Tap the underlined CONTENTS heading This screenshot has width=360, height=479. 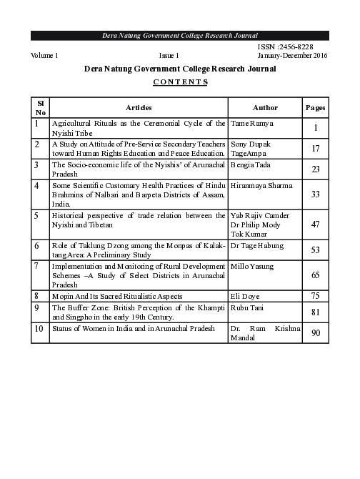coord(180,82)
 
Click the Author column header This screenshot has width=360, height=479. coord(265,107)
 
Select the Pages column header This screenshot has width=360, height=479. coord(316,107)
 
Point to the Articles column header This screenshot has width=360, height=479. coord(139,107)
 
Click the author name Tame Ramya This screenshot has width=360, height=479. coord(249,124)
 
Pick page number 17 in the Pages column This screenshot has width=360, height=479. coord(315,149)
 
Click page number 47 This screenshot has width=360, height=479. coord(315,224)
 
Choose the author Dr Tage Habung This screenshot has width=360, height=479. coord(258,245)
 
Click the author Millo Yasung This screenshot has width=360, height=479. coord(253,265)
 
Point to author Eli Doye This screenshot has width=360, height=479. coord(244,295)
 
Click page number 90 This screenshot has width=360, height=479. coord(315,332)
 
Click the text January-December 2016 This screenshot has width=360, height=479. coord(298,56)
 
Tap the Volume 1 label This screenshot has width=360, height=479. coord(44,56)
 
